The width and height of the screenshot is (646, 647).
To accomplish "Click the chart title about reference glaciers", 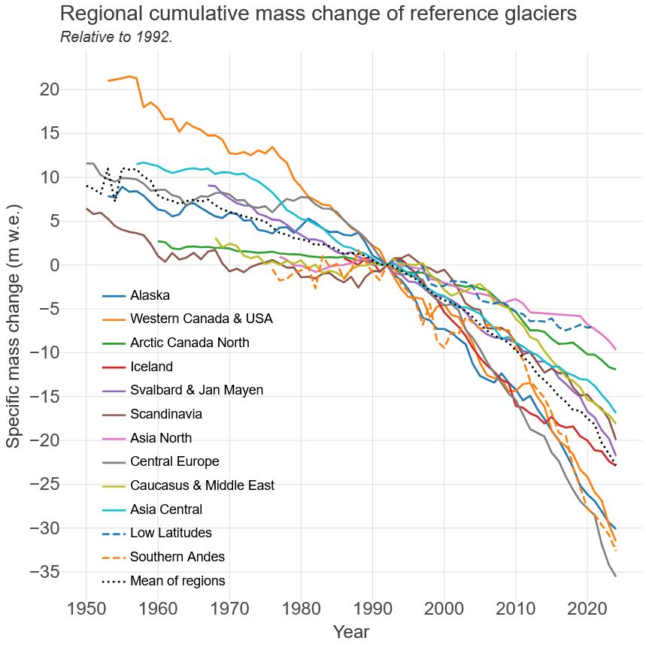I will pos(317,14).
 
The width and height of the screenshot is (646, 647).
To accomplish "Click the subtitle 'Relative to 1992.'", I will pos(117,37).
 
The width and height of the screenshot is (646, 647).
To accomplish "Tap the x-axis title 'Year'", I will pos(350,632).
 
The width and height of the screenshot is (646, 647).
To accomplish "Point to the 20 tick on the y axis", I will pos(50,89).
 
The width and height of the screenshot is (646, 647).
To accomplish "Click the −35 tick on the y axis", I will pos(44,572).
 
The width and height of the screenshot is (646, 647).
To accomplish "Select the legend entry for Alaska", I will pos(150,295).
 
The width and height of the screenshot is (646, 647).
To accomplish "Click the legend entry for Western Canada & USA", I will pos(201,319).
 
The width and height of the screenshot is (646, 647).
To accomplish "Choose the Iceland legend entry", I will pos(151,367).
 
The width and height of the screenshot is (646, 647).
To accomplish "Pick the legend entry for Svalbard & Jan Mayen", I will pos(196,390).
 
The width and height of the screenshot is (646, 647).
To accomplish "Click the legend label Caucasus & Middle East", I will pos(202,485).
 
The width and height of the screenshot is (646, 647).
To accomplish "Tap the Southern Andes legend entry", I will pos(177,557).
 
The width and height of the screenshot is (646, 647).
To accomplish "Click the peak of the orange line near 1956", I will pos(129,76).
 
